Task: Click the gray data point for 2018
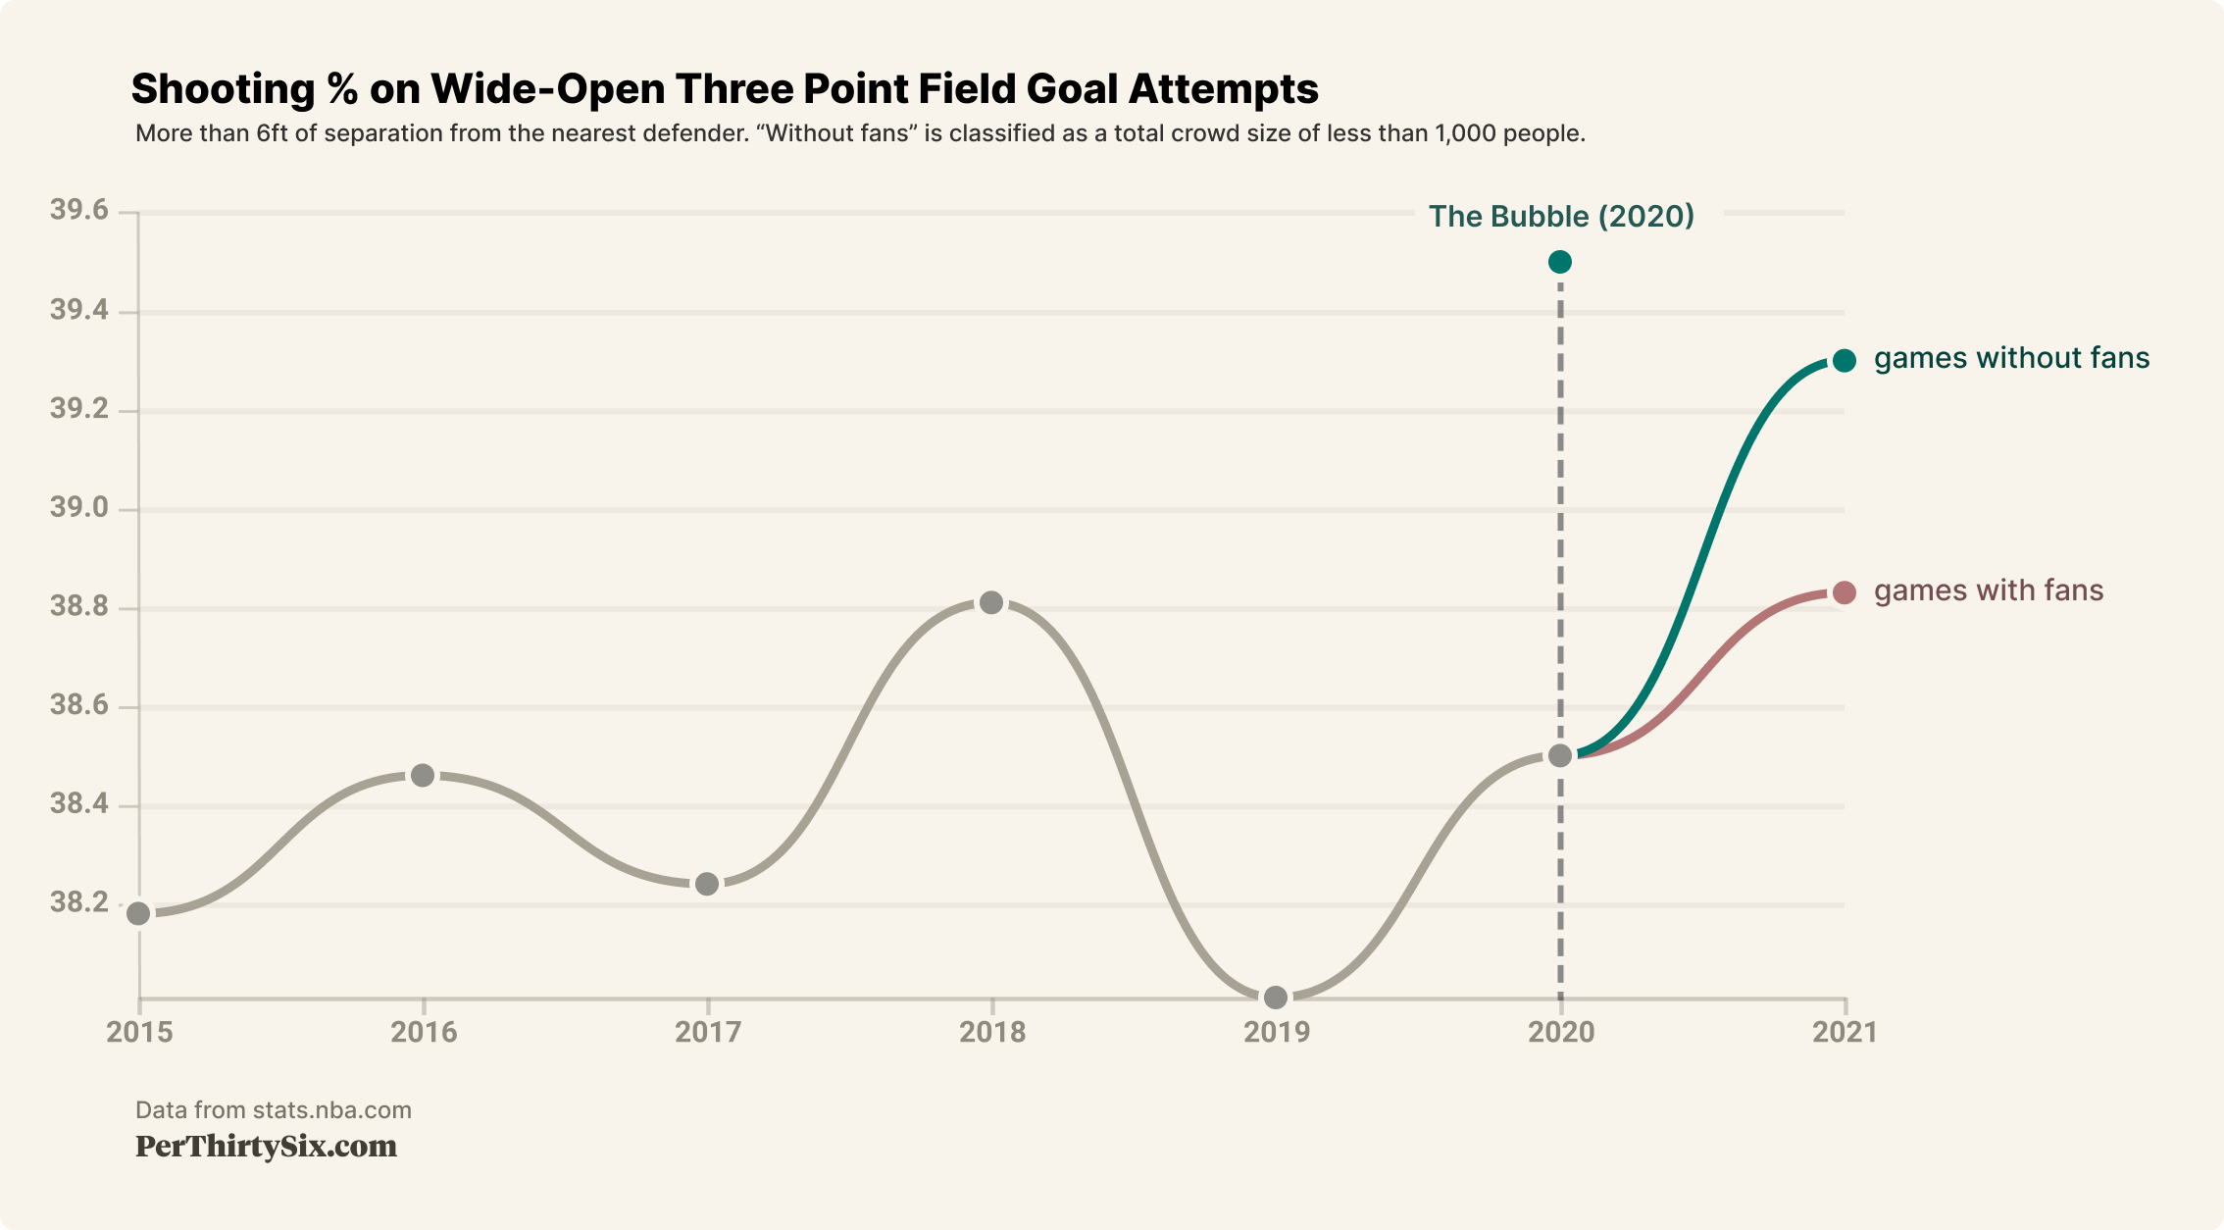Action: (991, 602)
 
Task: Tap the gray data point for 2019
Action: (1276, 998)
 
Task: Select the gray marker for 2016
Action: (423, 775)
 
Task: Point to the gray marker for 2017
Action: (707, 884)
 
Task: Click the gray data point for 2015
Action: (138, 913)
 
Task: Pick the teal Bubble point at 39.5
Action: (1560, 262)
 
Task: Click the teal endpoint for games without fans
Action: (1845, 361)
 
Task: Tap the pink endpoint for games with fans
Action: (1845, 592)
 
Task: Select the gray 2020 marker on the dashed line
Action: (1560, 755)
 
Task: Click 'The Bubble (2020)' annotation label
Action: (1561, 216)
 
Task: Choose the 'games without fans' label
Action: (2011, 358)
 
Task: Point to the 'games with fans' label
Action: (1988, 590)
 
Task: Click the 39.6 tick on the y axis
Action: (79, 211)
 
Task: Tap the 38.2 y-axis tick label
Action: (79, 902)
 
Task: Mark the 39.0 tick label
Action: (79, 508)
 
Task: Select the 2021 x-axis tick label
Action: (1845, 1032)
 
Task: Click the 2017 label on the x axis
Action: (707, 1032)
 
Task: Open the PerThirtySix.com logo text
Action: (266, 1146)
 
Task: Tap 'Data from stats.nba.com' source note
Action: (273, 1109)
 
